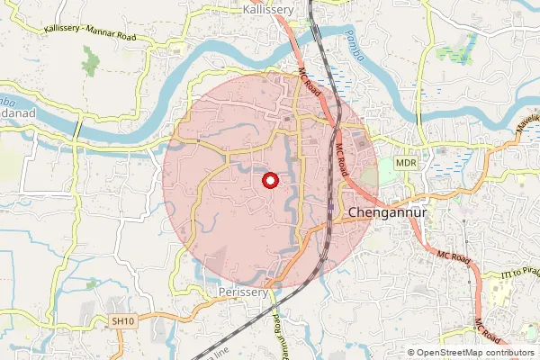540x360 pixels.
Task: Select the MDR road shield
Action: (406, 163)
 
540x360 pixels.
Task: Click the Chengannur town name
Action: (386, 213)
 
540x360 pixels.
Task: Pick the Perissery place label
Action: (243, 292)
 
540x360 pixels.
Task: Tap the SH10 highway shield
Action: (122, 319)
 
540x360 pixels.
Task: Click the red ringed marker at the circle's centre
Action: (268, 181)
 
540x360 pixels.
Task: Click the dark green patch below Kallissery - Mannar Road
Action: (90, 63)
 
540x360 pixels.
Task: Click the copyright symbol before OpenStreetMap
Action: (412, 353)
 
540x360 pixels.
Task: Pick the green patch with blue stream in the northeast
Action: (454, 50)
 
